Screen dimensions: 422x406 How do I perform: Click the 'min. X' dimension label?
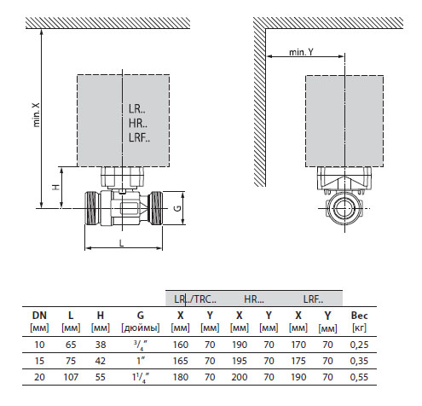pos(37,114)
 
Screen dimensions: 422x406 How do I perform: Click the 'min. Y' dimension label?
pos(301,52)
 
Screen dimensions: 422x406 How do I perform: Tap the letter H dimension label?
pos(56,187)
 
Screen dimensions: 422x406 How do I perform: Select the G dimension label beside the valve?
pos(177,208)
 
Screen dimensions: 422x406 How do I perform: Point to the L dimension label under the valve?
pos(122,243)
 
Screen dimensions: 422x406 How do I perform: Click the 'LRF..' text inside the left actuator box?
pos(139,137)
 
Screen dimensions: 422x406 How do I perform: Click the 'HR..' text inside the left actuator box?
pos(138,124)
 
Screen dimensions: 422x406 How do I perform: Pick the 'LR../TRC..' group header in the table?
pos(195,299)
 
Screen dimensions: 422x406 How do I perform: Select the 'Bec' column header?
pos(359,316)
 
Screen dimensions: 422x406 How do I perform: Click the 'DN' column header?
pos(39,316)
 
